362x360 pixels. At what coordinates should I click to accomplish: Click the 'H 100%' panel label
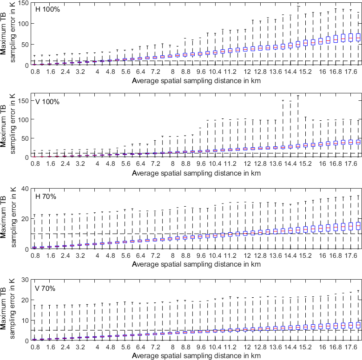tap(46, 9)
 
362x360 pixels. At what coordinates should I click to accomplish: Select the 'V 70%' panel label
tap(45, 288)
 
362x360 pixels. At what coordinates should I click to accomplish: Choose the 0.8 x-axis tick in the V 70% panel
tap(35, 347)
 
